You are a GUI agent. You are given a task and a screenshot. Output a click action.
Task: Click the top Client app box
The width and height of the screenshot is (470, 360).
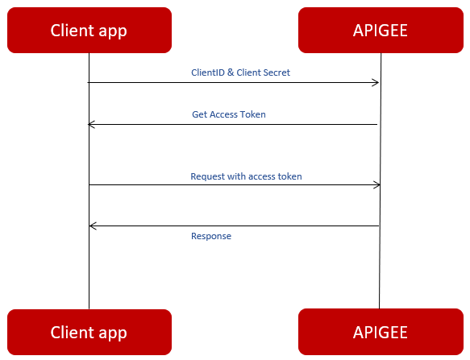click(x=89, y=31)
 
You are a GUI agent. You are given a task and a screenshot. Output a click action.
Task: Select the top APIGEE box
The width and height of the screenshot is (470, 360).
click(x=380, y=31)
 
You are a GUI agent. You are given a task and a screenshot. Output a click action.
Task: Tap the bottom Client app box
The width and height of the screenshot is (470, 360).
click(x=89, y=332)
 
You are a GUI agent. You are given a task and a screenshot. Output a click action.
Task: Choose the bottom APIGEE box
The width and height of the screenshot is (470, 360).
click(x=380, y=332)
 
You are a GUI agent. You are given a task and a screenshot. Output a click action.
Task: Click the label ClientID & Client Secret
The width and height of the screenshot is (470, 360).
click(x=240, y=72)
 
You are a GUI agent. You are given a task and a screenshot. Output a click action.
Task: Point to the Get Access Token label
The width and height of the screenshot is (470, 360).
click(x=229, y=114)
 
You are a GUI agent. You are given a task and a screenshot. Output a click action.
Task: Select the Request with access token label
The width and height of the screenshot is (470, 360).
click(x=246, y=176)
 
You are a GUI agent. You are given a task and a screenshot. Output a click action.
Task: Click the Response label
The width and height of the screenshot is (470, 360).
click(x=211, y=236)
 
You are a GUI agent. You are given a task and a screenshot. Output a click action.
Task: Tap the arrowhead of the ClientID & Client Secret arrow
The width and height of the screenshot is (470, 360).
click(x=376, y=82)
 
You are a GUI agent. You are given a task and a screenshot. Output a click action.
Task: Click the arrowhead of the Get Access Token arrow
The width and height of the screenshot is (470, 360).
click(x=91, y=124)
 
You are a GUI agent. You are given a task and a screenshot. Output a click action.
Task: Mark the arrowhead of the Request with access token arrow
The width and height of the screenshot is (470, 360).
click(x=376, y=185)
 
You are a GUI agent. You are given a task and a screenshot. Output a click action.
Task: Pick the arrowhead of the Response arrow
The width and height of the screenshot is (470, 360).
click(x=92, y=226)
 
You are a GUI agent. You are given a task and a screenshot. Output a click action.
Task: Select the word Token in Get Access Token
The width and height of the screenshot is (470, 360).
click(x=254, y=114)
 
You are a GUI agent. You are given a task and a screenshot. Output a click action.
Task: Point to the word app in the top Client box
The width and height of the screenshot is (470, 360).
click(x=112, y=31)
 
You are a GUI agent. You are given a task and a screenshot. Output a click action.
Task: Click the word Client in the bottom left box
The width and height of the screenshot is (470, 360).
click(x=72, y=332)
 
